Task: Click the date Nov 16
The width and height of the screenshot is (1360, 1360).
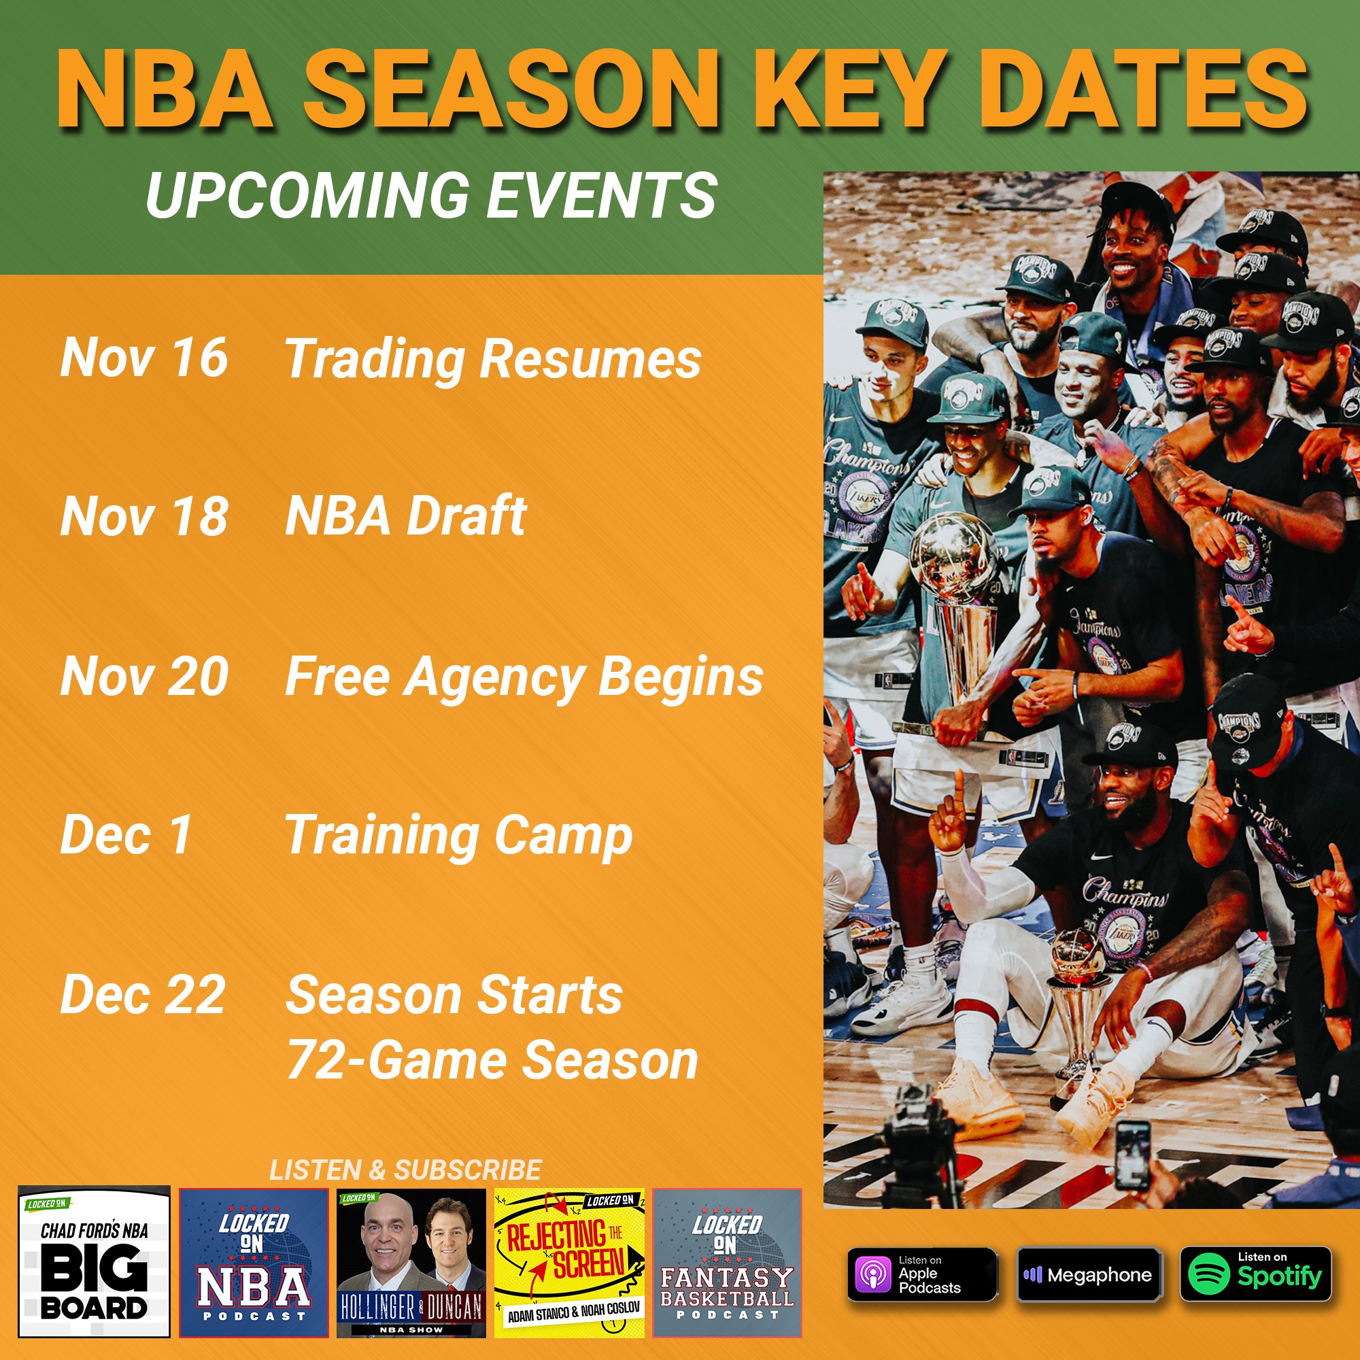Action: [x=144, y=357]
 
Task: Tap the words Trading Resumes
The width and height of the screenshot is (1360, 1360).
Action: [x=493, y=360]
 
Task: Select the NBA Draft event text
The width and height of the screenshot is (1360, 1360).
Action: [x=406, y=515]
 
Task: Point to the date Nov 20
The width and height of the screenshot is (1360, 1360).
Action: [x=144, y=676]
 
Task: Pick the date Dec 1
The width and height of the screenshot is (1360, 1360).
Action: [x=126, y=835]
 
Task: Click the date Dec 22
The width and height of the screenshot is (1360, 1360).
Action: [x=143, y=994]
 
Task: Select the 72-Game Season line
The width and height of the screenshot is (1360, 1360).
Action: [x=492, y=1060]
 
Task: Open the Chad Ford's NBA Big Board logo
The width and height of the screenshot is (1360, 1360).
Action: [x=95, y=1263]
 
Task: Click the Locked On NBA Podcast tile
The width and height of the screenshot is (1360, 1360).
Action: [x=254, y=1263]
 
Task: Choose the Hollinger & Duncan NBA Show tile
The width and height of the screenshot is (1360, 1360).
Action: [x=412, y=1263]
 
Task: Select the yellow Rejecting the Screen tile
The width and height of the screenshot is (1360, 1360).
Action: [x=569, y=1263]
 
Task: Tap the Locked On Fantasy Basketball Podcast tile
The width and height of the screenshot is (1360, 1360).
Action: [x=727, y=1263]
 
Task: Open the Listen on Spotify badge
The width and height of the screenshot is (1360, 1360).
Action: [x=1256, y=1274]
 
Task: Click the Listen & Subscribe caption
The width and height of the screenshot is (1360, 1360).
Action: [x=405, y=1170]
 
